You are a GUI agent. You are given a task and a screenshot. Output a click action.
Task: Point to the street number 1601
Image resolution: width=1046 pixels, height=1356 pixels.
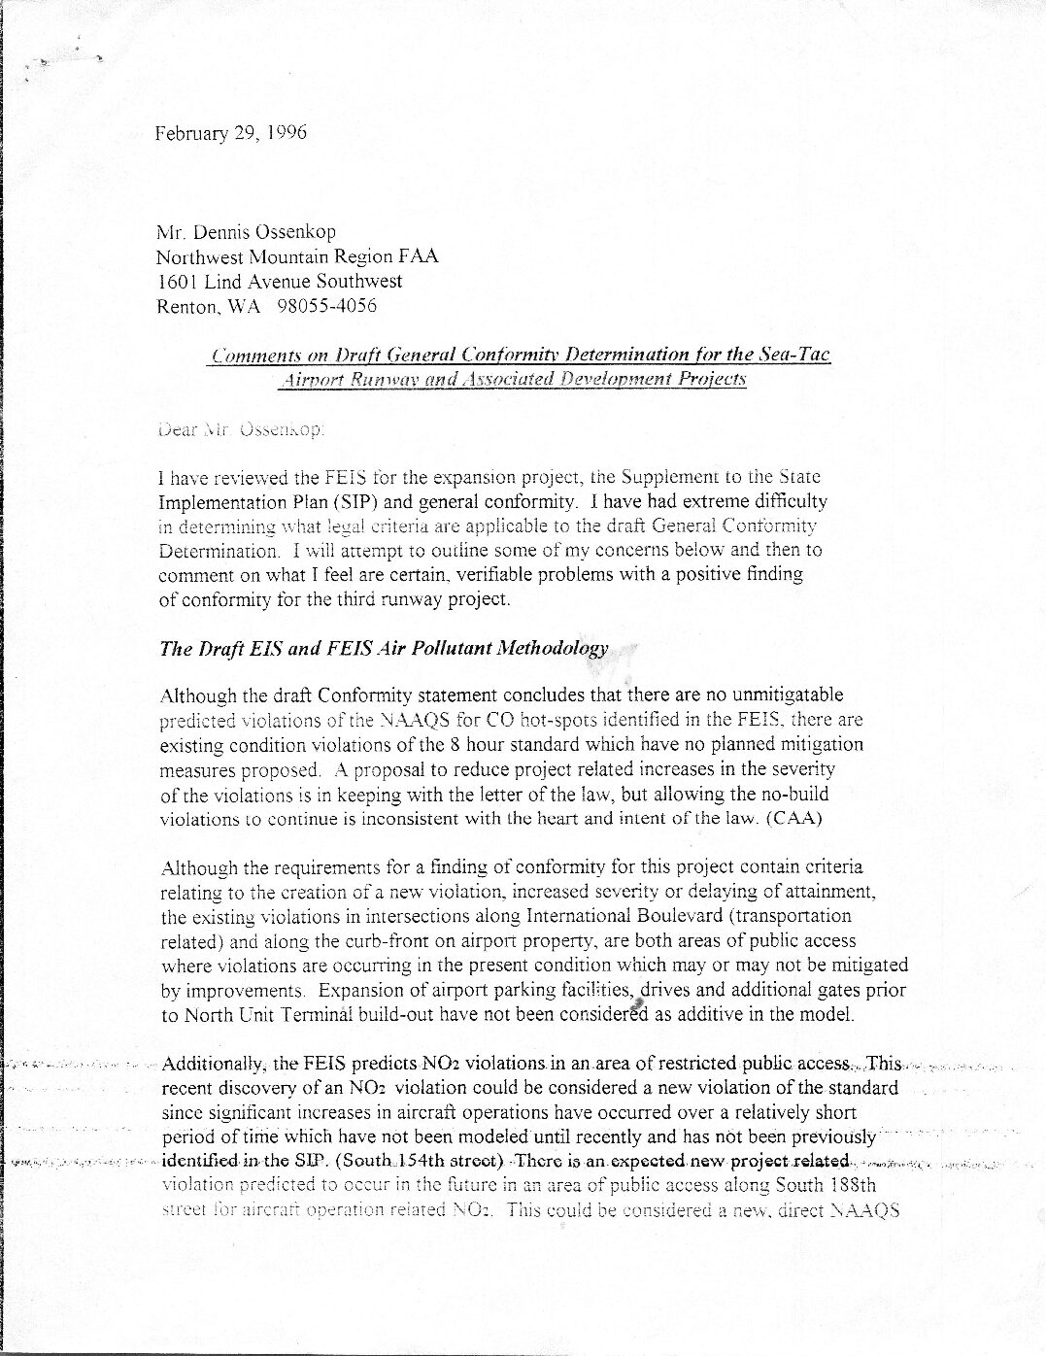177,282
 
